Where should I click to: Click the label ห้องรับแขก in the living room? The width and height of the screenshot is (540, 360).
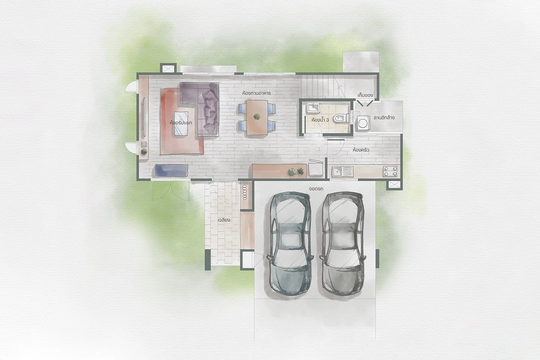point(181,123)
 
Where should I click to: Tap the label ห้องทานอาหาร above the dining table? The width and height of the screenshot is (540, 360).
point(256,93)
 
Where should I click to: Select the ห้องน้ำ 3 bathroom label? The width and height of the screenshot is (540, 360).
point(320,120)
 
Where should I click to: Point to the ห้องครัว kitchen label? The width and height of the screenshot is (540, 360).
point(361,150)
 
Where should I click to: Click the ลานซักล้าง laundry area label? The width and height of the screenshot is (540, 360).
point(384,117)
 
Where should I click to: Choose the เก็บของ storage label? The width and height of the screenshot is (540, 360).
point(365,95)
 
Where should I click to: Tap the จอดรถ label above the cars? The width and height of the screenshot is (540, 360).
point(316,189)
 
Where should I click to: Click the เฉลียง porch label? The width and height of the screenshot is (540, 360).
point(224,220)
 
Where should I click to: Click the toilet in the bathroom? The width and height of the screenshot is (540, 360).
point(341,118)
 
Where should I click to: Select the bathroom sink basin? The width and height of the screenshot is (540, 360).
point(313,108)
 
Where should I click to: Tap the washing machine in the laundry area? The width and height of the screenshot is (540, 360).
point(363,123)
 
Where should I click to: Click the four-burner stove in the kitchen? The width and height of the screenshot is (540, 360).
point(390,171)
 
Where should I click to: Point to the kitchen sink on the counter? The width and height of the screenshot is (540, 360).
point(342,171)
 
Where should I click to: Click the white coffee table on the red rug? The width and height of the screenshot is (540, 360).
point(181,123)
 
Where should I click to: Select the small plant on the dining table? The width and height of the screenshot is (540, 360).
point(257,117)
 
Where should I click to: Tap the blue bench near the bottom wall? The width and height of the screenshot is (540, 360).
point(171,170)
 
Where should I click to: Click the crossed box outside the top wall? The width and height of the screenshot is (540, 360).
point(168,68)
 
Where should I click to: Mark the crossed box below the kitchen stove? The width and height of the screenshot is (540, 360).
point(394,184)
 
